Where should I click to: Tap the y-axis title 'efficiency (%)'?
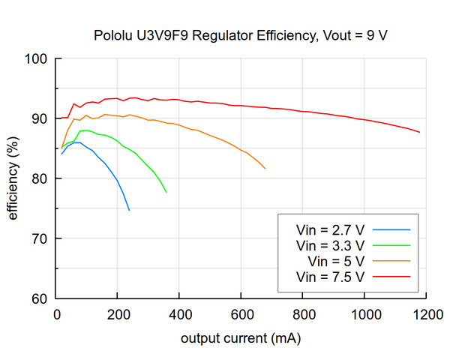coord(13,178)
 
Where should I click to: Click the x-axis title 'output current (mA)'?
coord(241,338)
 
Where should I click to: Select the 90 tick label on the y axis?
coord(40,119)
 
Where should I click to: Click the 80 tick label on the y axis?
coord(40,179)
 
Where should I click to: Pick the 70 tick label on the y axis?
coord(40,239)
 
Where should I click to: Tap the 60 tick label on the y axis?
coord(40,299)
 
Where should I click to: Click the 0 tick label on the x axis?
coord(57,314)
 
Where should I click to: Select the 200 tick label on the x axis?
coord(118,314)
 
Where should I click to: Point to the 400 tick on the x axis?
coord(180,314)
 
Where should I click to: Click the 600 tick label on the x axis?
coord(241,314)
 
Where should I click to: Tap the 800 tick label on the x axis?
coord(303,314)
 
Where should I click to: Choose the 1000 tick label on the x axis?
coord(364,314)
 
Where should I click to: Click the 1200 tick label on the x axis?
coord(426,314)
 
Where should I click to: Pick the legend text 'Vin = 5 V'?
coord(337,261)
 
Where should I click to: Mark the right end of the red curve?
coord(419,132)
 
